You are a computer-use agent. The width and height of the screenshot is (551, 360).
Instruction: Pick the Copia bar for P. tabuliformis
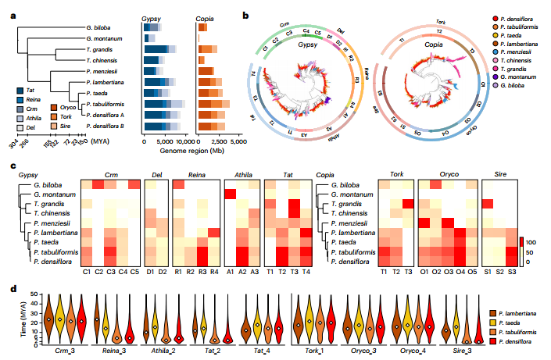[213, 103]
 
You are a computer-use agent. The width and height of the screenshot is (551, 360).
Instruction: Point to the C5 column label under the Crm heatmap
[134, 273]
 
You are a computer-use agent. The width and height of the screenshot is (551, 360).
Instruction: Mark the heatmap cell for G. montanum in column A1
[231, 193]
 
